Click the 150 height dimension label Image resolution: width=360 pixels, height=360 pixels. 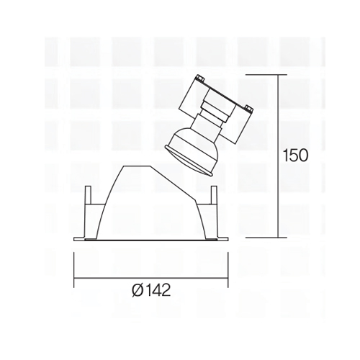click(x=295, y=156)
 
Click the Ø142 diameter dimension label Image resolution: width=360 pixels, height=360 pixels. click(x=151, y=289)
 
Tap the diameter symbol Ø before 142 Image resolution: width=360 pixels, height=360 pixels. click(x=138, y=290)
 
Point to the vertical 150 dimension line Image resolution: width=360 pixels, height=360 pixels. click(x=278, y=156)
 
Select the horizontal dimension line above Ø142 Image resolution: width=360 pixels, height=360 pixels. click(x=151, y=278)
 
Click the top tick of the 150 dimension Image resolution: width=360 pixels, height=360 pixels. click(x=266, y=75)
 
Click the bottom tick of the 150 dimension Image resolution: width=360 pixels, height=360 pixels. click(x=266, y=238)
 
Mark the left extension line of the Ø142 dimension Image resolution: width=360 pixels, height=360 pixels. click(x=74, y=269)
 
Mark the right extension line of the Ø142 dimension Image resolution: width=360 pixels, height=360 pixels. click(x=228, y=269)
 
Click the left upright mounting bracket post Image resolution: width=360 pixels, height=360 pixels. click(x=89, y=195)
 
